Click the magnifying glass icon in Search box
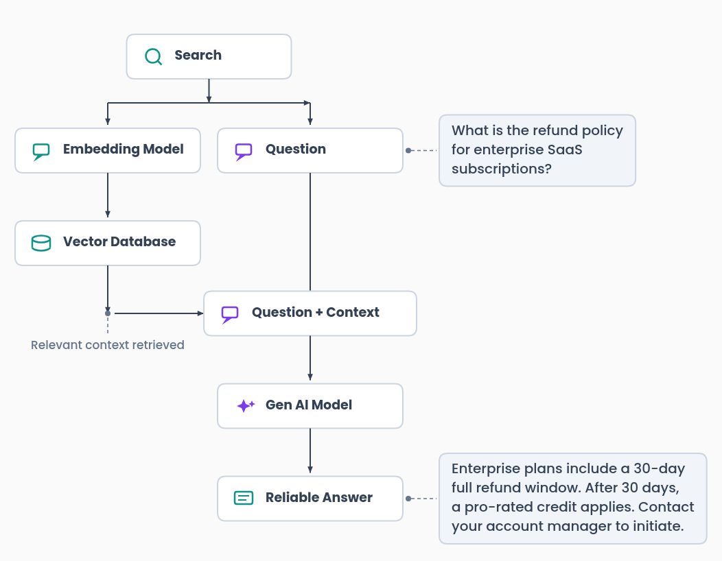coord(153,56)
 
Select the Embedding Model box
coord(108,150)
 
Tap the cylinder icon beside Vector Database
coord(41,243)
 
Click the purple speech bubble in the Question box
coord(244,151)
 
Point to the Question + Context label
coord(315,313)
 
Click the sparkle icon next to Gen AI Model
coord(245,406)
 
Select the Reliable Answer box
coord(310,499)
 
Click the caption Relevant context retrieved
coord(108,345)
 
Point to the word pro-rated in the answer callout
coord(496,508)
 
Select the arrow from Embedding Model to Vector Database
coord(108,195)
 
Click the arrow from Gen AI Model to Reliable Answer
coord(310,451)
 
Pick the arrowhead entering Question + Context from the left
coord(200,313)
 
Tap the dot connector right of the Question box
coord(408,150)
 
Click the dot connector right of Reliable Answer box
coord(408,499)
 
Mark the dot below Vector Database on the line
coord(108,313)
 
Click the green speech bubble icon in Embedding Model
coord(41,151)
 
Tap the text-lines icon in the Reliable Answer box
coord(244,499)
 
